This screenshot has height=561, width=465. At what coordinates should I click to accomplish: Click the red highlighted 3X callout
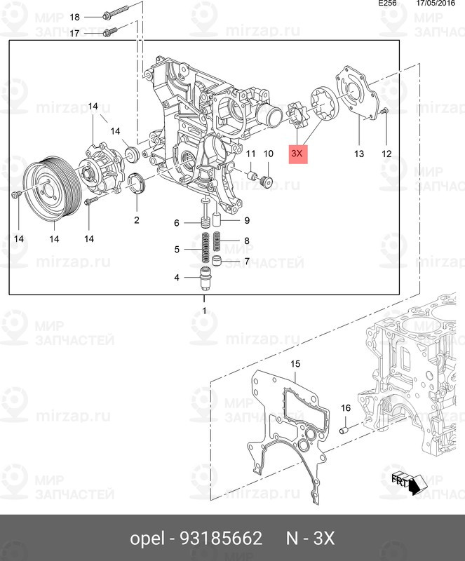pos(298,152)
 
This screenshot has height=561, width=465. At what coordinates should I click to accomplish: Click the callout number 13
pos(359,154)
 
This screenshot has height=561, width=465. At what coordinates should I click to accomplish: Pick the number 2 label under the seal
pos(136,220)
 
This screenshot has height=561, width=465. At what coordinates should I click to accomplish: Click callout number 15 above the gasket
pos(295,364)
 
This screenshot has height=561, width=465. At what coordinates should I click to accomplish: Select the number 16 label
pos(345,408)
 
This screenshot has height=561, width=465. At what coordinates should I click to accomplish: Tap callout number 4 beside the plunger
pos(177,278)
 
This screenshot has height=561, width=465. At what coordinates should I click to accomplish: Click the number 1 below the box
pos(204,310)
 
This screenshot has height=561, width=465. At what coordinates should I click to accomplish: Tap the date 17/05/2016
pos(435,4)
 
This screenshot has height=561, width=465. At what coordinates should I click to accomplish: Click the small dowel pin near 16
pos(345,428)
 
